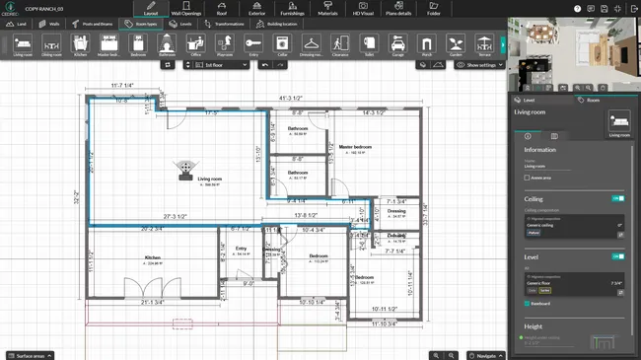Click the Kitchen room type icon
pyautogui.click(x=81, y=45)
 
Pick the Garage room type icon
pyautogui.click(x=397, y=45)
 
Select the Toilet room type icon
pyautogui.click(x=369, y=45)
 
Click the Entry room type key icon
pyautogui.click(x=253, y=45)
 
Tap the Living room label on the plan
pyautogui.click(x=209, y=180)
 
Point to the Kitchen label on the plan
pyautogui.click(x=152, y=258)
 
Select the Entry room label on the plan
pyautogui.click(x=241, y=249)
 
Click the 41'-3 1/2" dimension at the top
pyautogui.click(x=292, y=98)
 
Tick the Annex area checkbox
pyautogui.click(x=529, y=178)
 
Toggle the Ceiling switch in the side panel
pyautogui.click(x=618, y=198)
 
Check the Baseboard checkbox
pyautogui.click(x=528, y=305)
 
